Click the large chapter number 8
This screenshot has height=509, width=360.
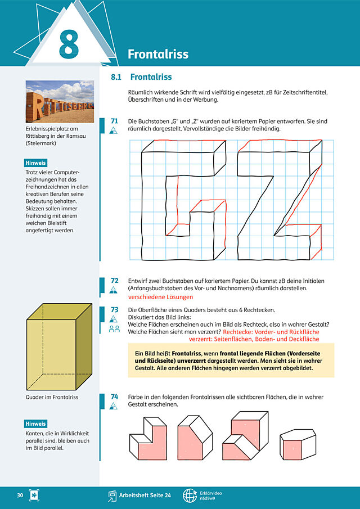click(x=69, y=44)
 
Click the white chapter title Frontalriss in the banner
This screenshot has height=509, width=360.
click(x=158, y=54)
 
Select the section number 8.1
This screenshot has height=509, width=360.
click(x=116, y=77)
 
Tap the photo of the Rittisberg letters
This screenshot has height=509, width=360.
click(x=60, y=102)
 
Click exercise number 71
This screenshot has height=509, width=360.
click(x=114, y=121)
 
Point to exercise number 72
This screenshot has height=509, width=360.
click(x=114, y=281)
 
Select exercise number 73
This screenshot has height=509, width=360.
click(x=114, y=310)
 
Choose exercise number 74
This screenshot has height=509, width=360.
click(x=114, y=397)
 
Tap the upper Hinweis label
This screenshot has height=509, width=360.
click(x=35, y=163)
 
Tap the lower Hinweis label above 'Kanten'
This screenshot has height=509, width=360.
click(x=35, y=424)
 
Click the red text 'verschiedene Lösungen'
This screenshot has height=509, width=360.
click(x=160, y=297)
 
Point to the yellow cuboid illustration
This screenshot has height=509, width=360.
click(x=59, y=346)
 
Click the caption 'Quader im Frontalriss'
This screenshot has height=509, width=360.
click(x=52, y=397)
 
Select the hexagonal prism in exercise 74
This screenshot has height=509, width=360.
click(x=298, y=443)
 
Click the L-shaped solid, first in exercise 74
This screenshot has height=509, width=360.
click(x=148, y=439)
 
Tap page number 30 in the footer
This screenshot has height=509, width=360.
click(x=20, y=496)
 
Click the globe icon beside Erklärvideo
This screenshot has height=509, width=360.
click(x=190, y=496)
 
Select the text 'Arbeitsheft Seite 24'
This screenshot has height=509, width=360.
click(x=145, y=496)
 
